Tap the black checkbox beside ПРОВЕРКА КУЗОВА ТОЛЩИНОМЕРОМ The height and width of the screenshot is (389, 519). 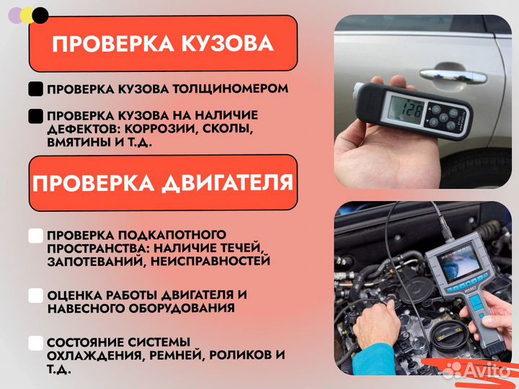point(35,89)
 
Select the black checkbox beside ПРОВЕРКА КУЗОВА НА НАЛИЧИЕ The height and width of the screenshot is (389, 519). point(35,115)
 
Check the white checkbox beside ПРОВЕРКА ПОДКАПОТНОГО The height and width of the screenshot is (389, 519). point(35,236)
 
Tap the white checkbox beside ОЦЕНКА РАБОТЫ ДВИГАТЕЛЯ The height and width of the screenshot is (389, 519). point(35,295)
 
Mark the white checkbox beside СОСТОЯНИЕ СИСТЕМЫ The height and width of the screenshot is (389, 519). point(35,342)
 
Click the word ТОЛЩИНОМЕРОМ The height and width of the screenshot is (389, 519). point(230,89)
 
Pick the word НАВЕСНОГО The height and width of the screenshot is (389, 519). point(85,308)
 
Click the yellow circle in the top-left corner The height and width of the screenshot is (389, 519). point(27,14)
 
